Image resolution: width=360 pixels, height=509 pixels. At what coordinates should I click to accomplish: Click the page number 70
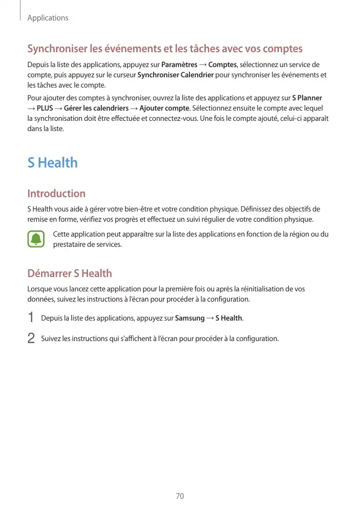tap(180, 496)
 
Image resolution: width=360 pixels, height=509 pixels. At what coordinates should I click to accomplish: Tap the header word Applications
tap(48, 18)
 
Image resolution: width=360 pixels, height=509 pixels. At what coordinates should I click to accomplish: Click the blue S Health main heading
tap(52, 163)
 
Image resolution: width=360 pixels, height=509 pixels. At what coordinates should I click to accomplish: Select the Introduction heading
tap(56, 194)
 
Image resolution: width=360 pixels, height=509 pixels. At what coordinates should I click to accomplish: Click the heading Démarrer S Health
tap(70, 273)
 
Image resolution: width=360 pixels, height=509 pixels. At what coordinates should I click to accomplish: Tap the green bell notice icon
tap(36, 239)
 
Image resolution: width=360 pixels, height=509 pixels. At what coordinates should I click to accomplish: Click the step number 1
tap(31, 318)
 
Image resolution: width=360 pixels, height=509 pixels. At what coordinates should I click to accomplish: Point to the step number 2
tap(31, 338)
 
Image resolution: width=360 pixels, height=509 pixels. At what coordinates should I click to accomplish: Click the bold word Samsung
tap(189, 319)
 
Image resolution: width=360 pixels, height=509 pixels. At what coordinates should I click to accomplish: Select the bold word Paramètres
tap(179, 65)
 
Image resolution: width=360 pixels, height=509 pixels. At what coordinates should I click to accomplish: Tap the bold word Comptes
tap(222, 65)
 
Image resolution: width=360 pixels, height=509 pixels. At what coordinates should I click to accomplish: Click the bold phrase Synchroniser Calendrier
tap(176, 75)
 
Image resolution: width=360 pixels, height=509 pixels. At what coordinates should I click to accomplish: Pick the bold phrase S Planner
tap(307, 98)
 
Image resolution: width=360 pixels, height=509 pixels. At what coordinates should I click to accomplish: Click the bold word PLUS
tap(45, 108)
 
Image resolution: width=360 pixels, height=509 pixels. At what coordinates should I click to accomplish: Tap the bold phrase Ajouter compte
tap(164, 108)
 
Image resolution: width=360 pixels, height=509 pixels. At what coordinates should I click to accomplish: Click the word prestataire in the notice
tap(72, 245)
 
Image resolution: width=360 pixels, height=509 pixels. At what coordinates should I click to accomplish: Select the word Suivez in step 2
tap(51, 338)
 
